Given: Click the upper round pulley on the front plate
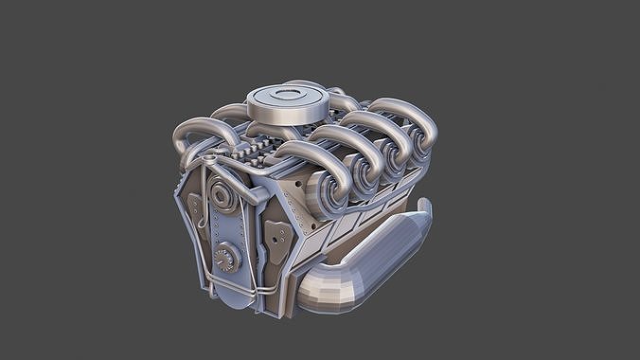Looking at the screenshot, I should (222, 197).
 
